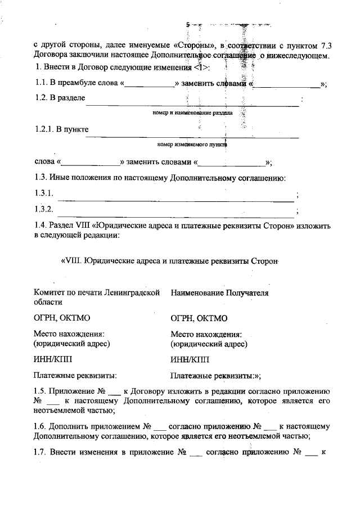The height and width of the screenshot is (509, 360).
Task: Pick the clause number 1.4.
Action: (42, 226)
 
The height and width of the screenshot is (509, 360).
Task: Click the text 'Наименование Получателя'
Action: (219, 293)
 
